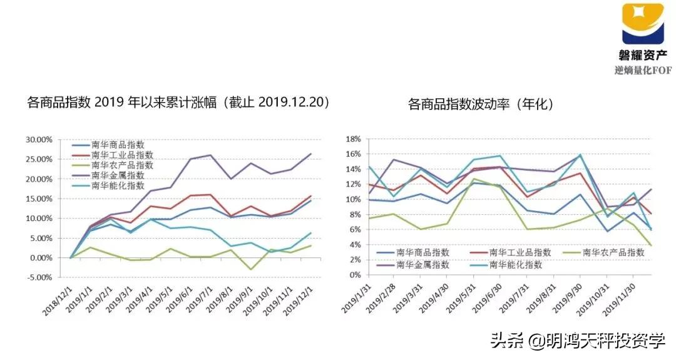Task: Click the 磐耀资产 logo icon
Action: pos(642,24)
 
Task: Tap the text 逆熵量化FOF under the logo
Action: pos(642,69)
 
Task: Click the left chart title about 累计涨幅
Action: pos(178,102)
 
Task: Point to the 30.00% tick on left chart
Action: pos(39,139)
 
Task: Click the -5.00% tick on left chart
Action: pos(39,277)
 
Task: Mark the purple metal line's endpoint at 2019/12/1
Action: pos(311,153)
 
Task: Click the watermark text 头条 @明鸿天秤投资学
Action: pos(577,341)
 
